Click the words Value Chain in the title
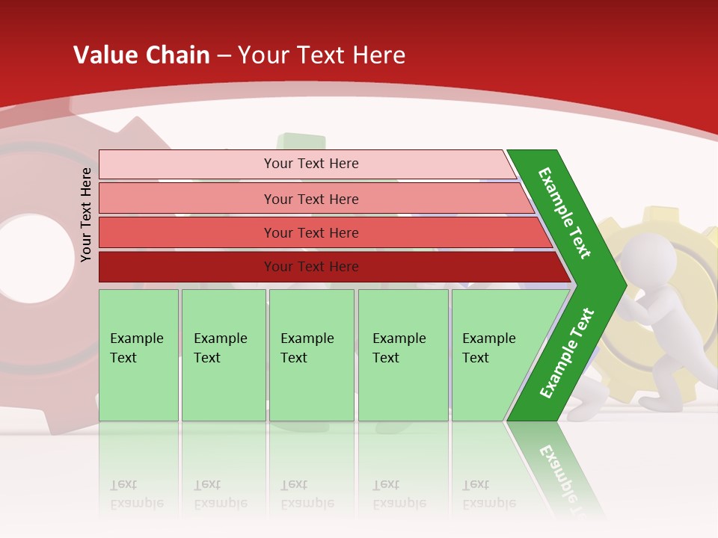141,55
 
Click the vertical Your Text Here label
86,215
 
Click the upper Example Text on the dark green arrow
565,213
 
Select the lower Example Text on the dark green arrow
567,353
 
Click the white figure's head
651,258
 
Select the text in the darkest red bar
311,267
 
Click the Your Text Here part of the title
322,55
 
